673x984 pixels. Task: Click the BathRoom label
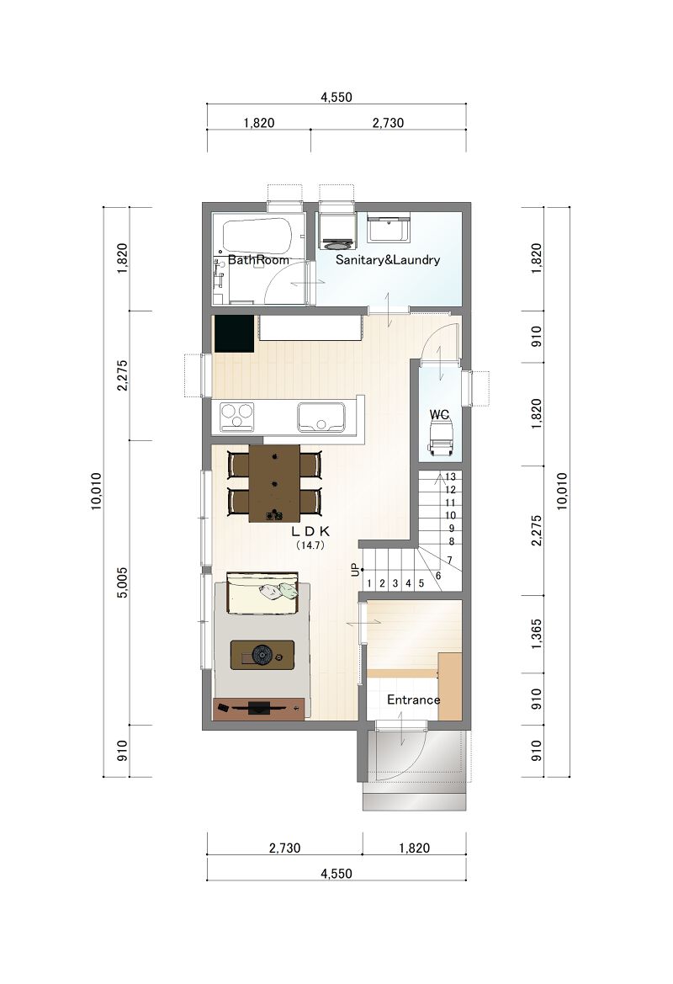258,260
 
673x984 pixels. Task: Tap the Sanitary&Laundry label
388,260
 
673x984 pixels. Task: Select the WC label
439,415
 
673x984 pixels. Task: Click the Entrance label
413,699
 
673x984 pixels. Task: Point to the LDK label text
310,531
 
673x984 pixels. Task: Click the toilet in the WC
440,437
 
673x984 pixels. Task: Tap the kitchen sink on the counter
321,418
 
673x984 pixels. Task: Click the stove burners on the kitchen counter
237,417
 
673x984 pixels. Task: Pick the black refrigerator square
234,333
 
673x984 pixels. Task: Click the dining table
274,483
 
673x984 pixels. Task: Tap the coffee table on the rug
262,655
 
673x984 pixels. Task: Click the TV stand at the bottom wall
259,709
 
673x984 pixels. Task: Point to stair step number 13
450,477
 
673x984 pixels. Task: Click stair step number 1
368,583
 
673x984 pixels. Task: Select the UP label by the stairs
355,570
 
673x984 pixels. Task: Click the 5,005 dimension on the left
122,582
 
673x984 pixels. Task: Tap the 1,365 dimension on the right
536,634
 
